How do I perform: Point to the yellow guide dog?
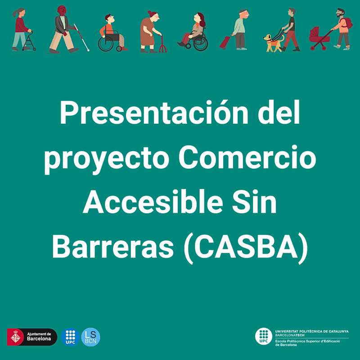click(x=273, y=42)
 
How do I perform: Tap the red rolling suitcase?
click(x=224, y=42)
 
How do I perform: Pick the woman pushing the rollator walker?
click(x=20, y=29)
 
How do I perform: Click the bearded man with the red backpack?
click(x=341, y=27)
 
